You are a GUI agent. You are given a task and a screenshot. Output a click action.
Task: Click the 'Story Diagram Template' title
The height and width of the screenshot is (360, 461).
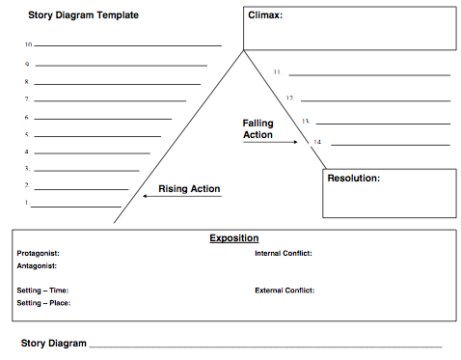(x=83, y=15)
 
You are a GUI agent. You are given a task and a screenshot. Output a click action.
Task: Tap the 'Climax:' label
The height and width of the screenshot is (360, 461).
(x=265, y=15)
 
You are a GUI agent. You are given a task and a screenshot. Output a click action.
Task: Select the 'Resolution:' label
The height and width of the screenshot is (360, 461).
(x=354, y=179)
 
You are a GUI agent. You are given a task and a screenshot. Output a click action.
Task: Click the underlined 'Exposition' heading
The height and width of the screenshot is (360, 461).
(x=234, y=238)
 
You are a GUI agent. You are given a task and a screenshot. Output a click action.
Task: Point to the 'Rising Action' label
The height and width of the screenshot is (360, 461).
(x=189, y=189)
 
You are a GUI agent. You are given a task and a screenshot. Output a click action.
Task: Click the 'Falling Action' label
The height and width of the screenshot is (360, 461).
(x=258, y=129)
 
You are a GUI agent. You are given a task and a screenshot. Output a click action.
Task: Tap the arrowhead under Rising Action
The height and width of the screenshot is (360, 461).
(x=145, y=196)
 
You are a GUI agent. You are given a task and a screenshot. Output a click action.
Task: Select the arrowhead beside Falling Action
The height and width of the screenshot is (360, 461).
(x=295, y=142)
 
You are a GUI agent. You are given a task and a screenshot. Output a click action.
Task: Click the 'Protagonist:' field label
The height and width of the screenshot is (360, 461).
(x=39, y=254)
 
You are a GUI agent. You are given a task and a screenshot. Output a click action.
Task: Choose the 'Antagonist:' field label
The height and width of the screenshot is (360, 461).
(x=37, y=266)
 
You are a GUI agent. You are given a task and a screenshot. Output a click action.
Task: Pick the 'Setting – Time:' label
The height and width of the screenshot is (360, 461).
(x=42, y=291)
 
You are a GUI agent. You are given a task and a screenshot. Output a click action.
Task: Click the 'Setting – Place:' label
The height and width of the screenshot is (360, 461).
(x=43, y=303)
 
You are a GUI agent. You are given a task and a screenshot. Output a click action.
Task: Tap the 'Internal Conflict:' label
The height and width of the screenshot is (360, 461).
(x=284, y=254)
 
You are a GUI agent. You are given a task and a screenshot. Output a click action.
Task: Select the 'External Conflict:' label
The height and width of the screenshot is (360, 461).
(x=285, y=291)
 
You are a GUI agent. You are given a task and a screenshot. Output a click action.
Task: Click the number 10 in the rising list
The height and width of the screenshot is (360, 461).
(x=29, y=44)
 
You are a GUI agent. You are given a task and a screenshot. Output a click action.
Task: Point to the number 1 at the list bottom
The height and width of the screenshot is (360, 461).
(x=27, y=203)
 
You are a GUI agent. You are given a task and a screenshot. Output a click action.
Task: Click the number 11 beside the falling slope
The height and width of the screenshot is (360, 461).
(x=278, y=72)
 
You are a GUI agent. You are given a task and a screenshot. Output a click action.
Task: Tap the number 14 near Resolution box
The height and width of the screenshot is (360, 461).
(x=317, y=142)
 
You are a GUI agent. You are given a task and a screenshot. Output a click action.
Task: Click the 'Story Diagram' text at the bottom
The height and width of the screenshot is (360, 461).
(x=54, y=344)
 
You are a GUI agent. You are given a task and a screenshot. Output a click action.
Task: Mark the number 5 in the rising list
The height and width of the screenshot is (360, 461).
(x=27, y=134)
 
